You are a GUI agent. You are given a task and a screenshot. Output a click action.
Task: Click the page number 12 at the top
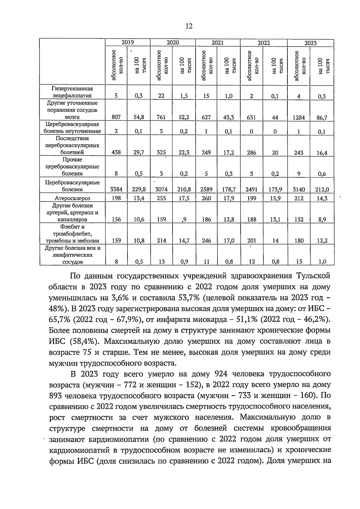[x=189, y=26]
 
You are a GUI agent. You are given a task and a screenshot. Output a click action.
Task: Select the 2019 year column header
[x=127, y=43]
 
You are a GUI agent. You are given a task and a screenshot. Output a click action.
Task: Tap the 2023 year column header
[x=310, y=43]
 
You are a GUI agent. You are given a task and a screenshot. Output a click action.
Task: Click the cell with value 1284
[x=299, y=118]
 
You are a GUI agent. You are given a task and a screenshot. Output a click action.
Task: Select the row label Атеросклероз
[x=72, y=198]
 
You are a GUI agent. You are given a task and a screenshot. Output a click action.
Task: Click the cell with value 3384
[x=116, y=190]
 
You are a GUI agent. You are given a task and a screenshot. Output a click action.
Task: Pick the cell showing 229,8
[x=139, y=190]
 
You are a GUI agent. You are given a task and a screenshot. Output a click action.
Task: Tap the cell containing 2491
[x=252, y=190]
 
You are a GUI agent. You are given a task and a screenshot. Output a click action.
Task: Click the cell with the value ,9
[x=184, y=220]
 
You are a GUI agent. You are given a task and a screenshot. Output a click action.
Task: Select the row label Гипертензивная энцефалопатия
[x=72, y=92]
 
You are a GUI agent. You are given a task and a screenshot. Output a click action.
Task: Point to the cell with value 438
[x=116, y=152]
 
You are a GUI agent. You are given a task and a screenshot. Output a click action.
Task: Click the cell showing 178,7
[x=229, y=190]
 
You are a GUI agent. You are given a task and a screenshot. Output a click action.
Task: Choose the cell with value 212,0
[x=322, y=190]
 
